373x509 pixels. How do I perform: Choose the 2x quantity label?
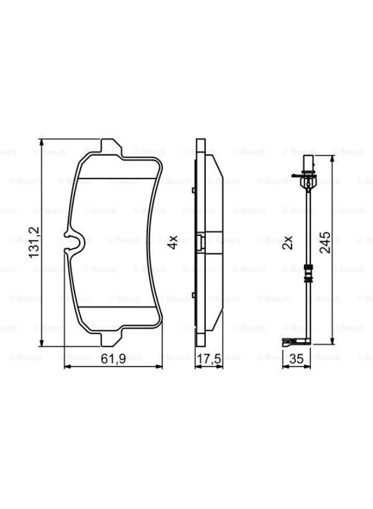[x=287, y=242]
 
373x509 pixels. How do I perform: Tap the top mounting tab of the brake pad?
[x=111, y=146]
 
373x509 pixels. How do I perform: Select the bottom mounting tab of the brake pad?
[x=111, y=339]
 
